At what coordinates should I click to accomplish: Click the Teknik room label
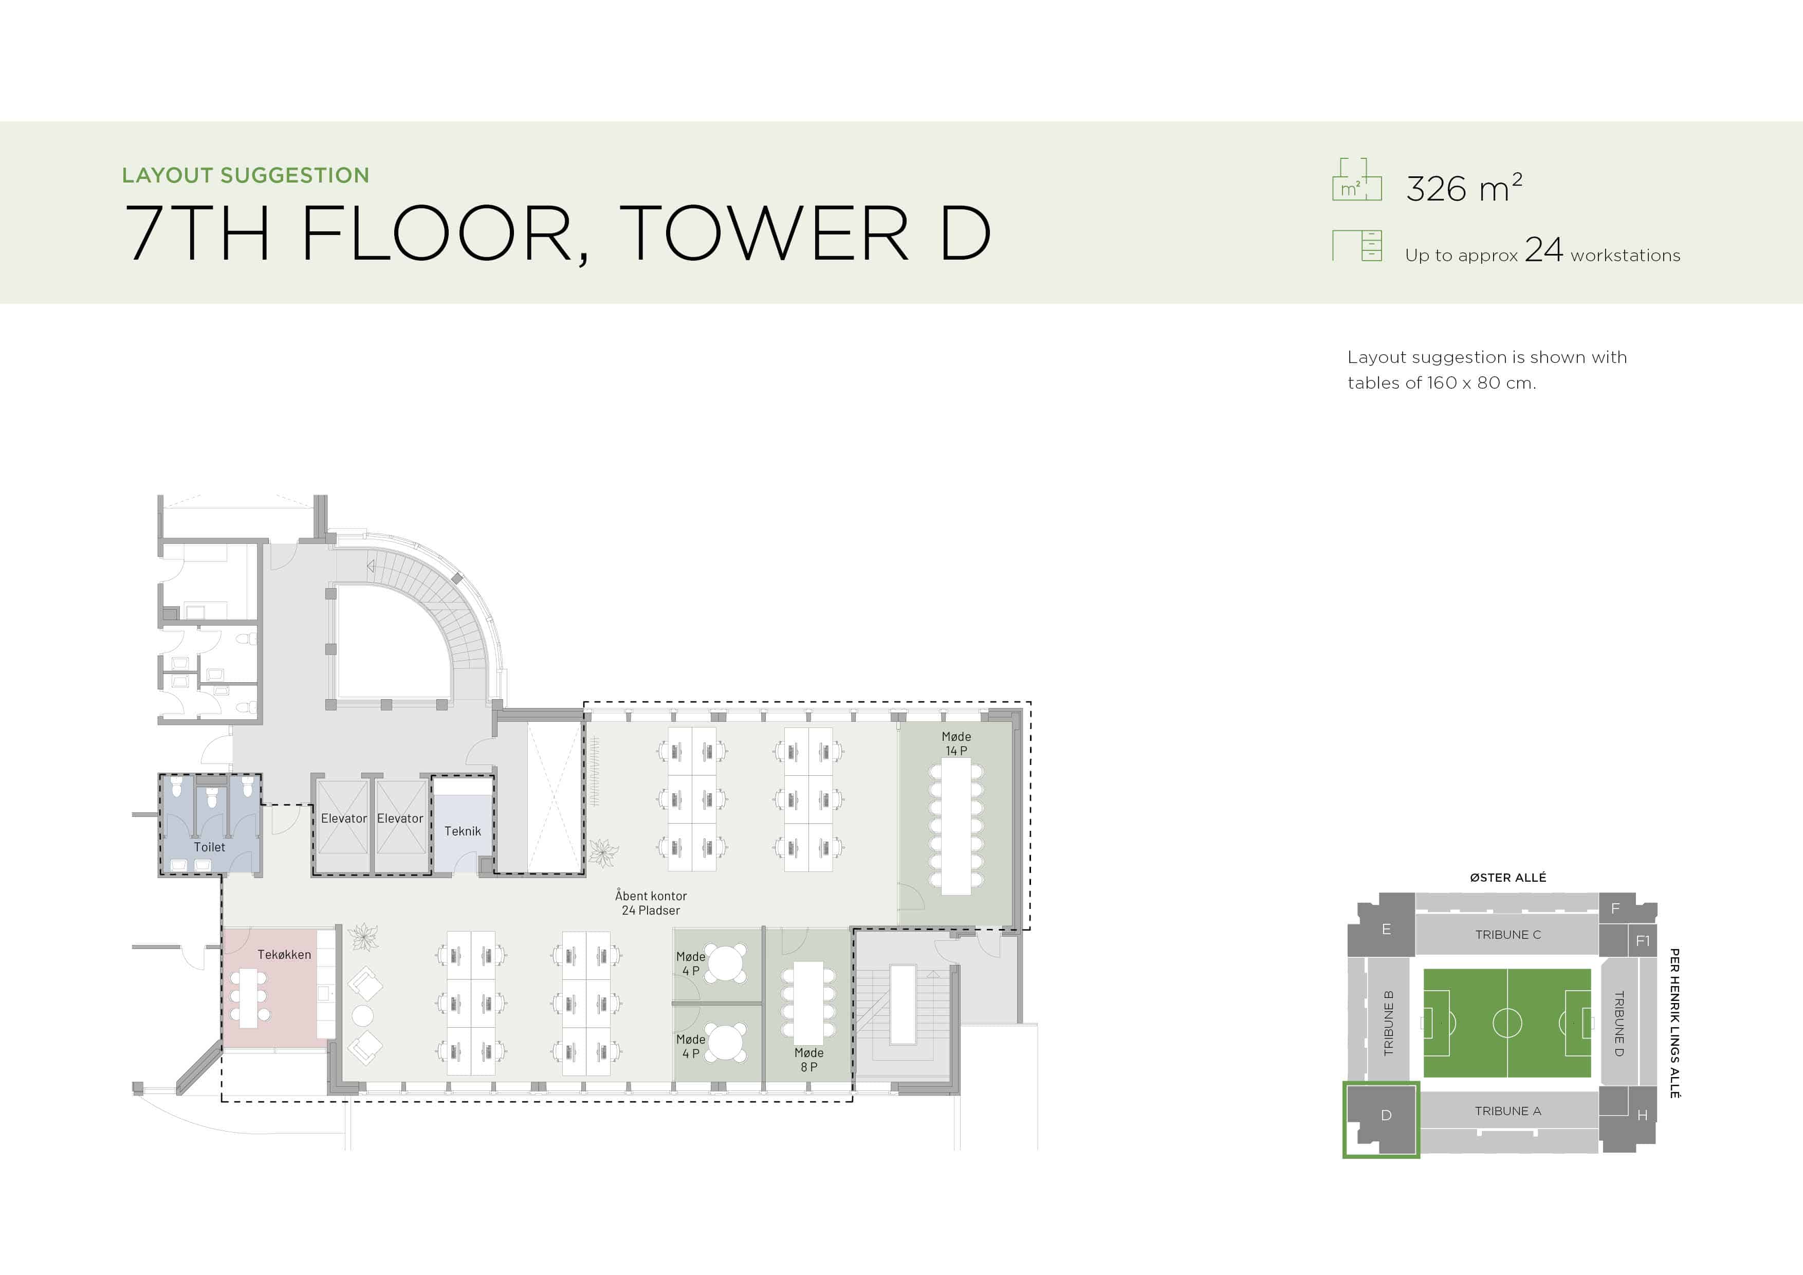(x=463, y=831)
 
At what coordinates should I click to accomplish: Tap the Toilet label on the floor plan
(x=210, y=847)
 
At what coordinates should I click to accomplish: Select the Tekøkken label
(x=284, y=955)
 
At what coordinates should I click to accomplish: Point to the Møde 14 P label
(x=956, y=743)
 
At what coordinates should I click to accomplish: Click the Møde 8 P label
(x=809, y=1060)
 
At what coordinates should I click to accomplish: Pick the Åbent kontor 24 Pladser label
(x=651, y=903)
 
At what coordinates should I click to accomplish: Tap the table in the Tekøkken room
(x=249, y=998)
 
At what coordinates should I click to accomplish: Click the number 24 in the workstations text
(x=1544, y=250)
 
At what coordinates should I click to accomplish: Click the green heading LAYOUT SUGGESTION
(x=246, y=175)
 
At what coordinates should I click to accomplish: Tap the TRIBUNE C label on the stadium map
(x=1508, y=935)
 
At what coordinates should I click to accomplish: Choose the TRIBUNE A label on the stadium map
(x=1508, y=1111)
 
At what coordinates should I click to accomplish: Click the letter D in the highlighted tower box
(x=1386, y=1116)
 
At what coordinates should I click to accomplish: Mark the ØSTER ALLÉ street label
(x=1508, y=878)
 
